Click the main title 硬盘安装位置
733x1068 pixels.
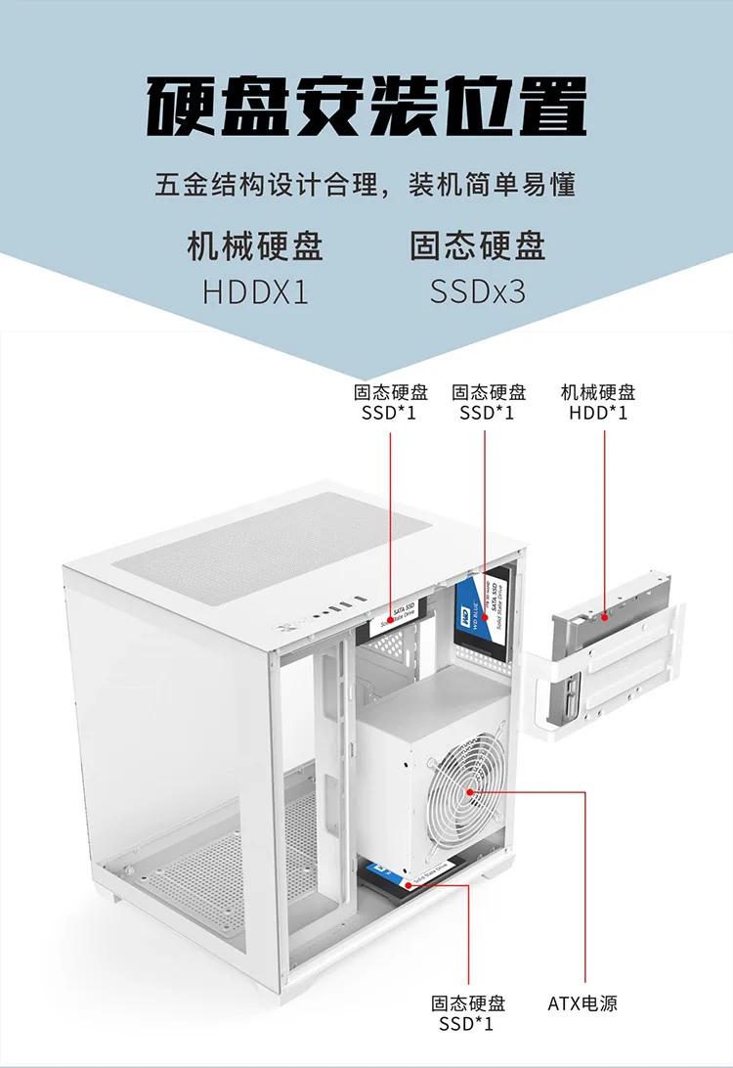366,108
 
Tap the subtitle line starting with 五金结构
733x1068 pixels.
366,184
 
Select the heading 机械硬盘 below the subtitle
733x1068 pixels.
255,245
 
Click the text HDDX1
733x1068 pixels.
255,291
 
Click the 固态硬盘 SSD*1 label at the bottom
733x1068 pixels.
469,1013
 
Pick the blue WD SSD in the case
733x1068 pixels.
482,611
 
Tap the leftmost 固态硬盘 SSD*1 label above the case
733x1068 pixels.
391,402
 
